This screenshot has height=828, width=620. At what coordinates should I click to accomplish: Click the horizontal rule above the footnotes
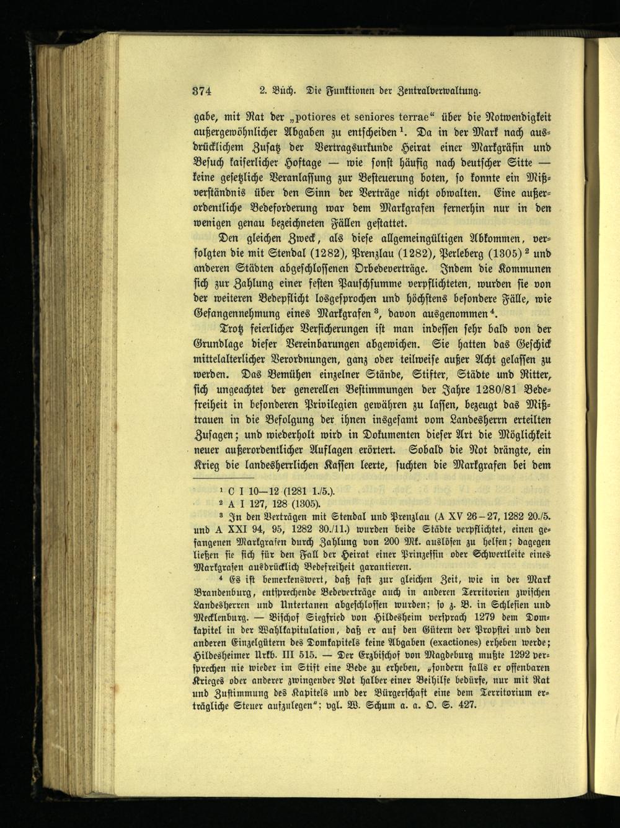pos(224,477)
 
